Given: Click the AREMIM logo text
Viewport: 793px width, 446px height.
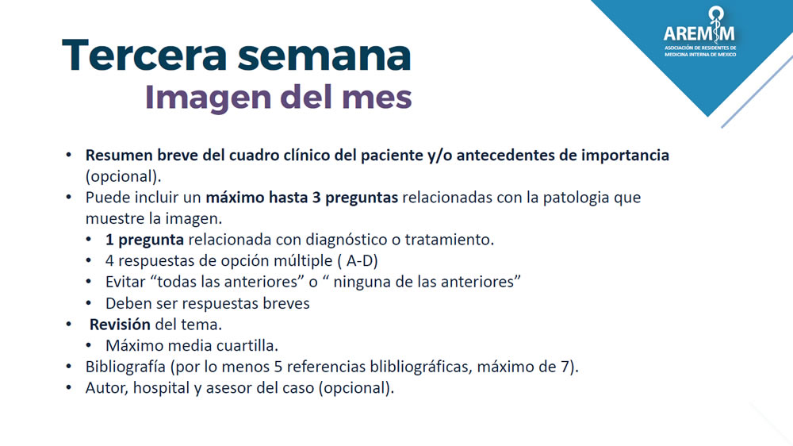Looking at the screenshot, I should [x=699, y=33].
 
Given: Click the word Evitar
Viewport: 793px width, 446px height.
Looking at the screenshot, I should [x=126, y=282].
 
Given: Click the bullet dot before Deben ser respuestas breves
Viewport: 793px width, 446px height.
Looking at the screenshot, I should [x=90, y=303].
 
